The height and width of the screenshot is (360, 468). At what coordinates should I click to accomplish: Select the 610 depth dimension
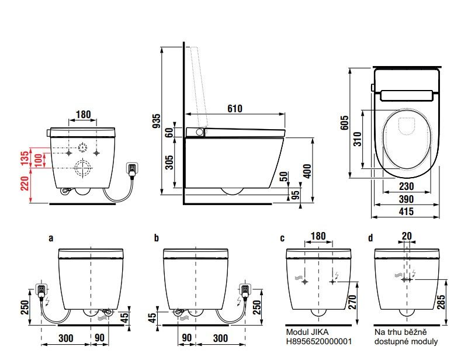(x=234, y=108)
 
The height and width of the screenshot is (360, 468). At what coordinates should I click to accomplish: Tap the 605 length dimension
(x=345, y=122)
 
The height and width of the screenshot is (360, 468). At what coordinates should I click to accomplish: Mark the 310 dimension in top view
(x=358, y=139)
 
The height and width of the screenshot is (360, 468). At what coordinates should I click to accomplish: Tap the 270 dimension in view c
(x=352, y=301)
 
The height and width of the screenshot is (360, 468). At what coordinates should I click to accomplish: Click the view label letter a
(x=51, y=238)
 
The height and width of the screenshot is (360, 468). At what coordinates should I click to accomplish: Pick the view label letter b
(x=156, y=238)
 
